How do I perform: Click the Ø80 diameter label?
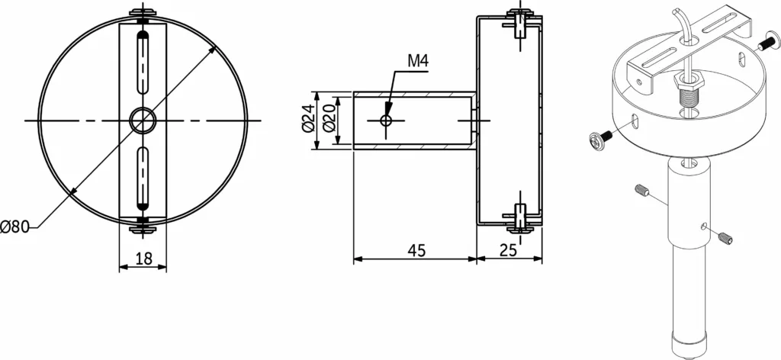[x=14, y=227]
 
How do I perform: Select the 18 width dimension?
[x=143, y=258]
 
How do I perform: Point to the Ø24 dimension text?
[x=308, y=120]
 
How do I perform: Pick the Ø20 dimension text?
[x=328, y=120]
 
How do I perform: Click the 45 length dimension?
[x=416, y=250]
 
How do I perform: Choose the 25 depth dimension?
[x=508, y=250]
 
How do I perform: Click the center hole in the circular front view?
[x=143, y=121]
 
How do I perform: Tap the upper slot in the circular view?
[x=143, y=63]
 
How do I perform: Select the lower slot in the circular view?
[x=143, y=178]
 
